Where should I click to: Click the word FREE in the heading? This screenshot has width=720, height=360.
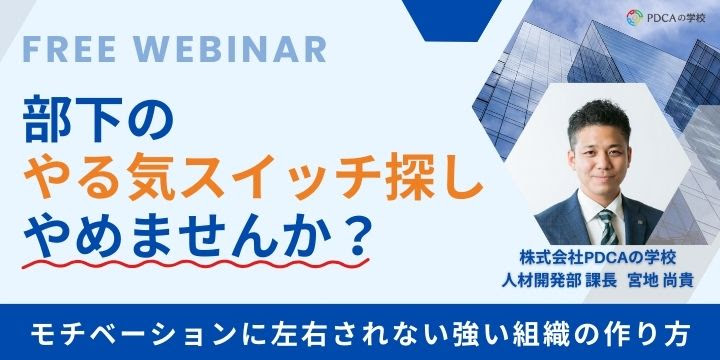click(67, 48)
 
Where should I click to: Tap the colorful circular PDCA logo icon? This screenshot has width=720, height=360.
click(633, 17)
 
